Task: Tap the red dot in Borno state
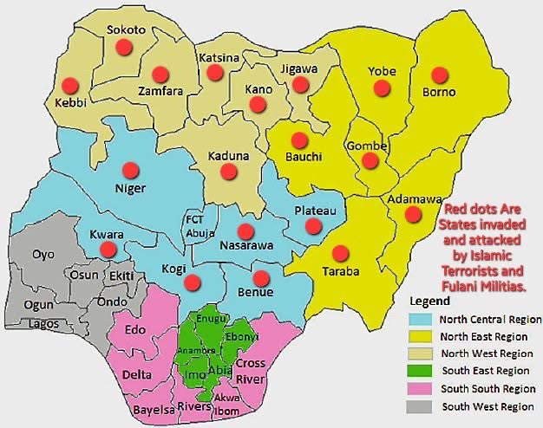click(440, 75)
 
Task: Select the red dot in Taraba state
click(341, 253)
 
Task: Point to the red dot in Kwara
click(108, 250)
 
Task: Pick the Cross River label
click(251, 369)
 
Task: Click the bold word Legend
click(430, 302)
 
